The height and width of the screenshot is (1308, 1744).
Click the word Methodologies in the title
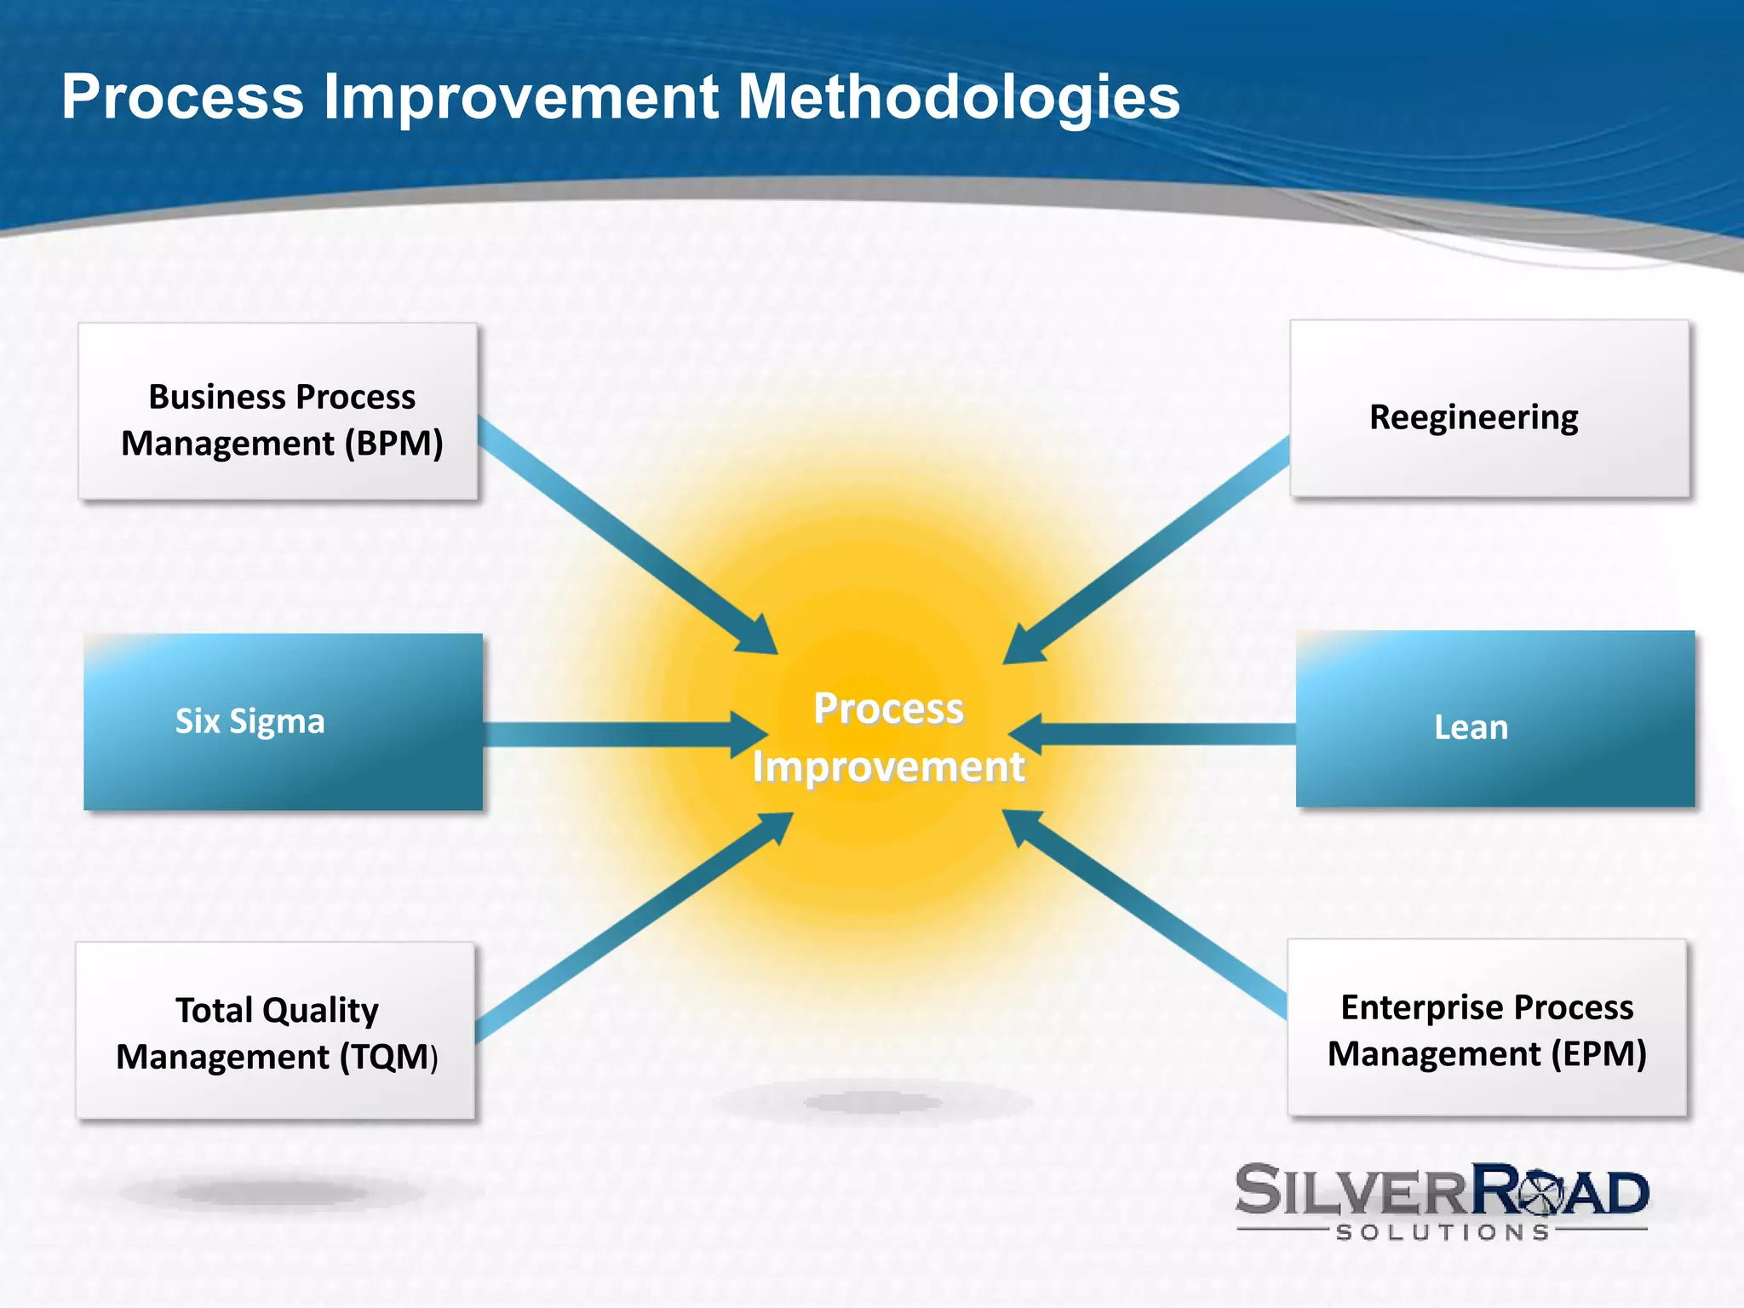click(x=958, y=97)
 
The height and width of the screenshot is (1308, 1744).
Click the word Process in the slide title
click(x=182, y=97)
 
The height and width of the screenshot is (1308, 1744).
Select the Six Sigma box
click(x=283, y=721)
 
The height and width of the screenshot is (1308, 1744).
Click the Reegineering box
click(x=1489, y=409)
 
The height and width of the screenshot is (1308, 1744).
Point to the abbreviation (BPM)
click(x=393, y=444)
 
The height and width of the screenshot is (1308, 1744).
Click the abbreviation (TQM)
click(x=389, y=1057)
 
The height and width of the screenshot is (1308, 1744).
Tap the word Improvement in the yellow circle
click(x=888, y=766)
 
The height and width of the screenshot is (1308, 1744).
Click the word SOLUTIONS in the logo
click(x=1443, y=1232)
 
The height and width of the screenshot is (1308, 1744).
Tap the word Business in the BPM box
click(x=216, y=397)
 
